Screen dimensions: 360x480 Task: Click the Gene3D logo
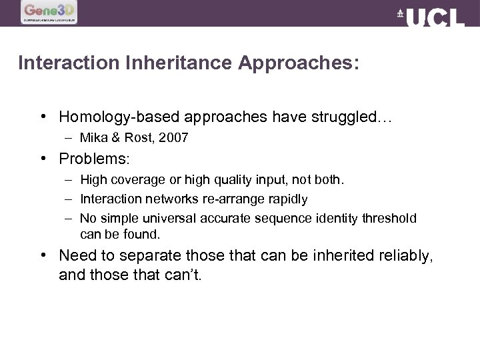pyautogui.click(x=49, y=12)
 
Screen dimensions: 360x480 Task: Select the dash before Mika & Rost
pyautogui.click(x=69, y=139)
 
